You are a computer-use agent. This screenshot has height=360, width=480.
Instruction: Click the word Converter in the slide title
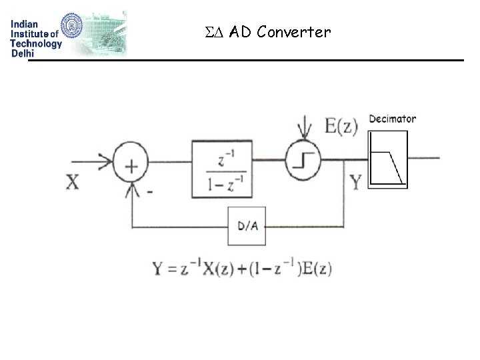tap(293, 32)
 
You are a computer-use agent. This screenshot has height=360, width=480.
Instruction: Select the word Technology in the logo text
tap(36, 44)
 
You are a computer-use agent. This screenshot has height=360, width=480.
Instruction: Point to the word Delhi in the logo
tap(23, 54)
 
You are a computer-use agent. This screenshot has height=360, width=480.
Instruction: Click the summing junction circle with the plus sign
tap(131, 165)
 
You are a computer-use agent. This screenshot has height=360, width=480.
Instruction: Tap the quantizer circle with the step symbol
tap(305, 161)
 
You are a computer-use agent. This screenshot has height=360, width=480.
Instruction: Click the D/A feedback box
tap(247, 226)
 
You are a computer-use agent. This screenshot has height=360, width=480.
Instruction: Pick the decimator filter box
tap(387, 160)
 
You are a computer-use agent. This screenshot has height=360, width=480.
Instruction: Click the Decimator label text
tap(392, 119)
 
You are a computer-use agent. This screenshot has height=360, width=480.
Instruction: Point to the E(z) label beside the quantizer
tap(341, 125)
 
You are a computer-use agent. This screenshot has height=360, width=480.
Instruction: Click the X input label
tap(72, 181)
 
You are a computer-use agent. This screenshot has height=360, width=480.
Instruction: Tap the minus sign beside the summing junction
tap(150, 191)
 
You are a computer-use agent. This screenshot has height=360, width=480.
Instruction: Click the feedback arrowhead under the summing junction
tap(132, 190)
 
